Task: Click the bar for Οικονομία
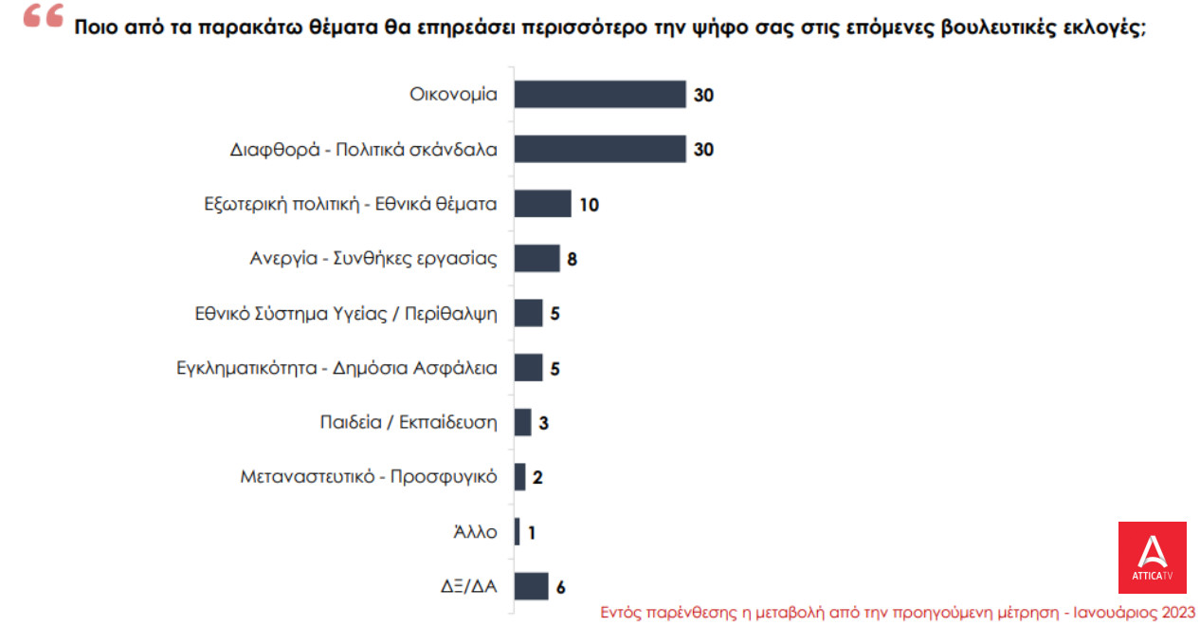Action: coord(599,95)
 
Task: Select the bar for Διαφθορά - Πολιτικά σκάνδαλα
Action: coord(599,149)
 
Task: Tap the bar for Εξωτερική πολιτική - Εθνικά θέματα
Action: coord(542,204)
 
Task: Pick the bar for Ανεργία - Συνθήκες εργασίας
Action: coord(536,258)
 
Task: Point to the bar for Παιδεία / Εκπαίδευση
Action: coord(522,422)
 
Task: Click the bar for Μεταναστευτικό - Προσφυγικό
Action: coord(519,477)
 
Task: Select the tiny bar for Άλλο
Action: coord(517,531)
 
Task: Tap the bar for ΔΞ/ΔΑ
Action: coord(531,586)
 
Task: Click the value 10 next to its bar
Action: coord(589,204)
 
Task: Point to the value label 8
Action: coord(572,259)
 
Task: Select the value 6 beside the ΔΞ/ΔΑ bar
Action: coord(560,587)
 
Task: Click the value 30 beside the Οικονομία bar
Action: coord(703,95)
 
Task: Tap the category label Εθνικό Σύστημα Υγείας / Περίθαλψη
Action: coord(344,313)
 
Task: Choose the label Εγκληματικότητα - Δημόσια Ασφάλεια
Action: coord(336,368)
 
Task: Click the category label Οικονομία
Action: coord(453,95)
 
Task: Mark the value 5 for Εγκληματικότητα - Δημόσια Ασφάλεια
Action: coord(555,368)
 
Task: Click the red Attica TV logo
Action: coord(1152,557)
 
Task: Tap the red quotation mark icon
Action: coord(43,16)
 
